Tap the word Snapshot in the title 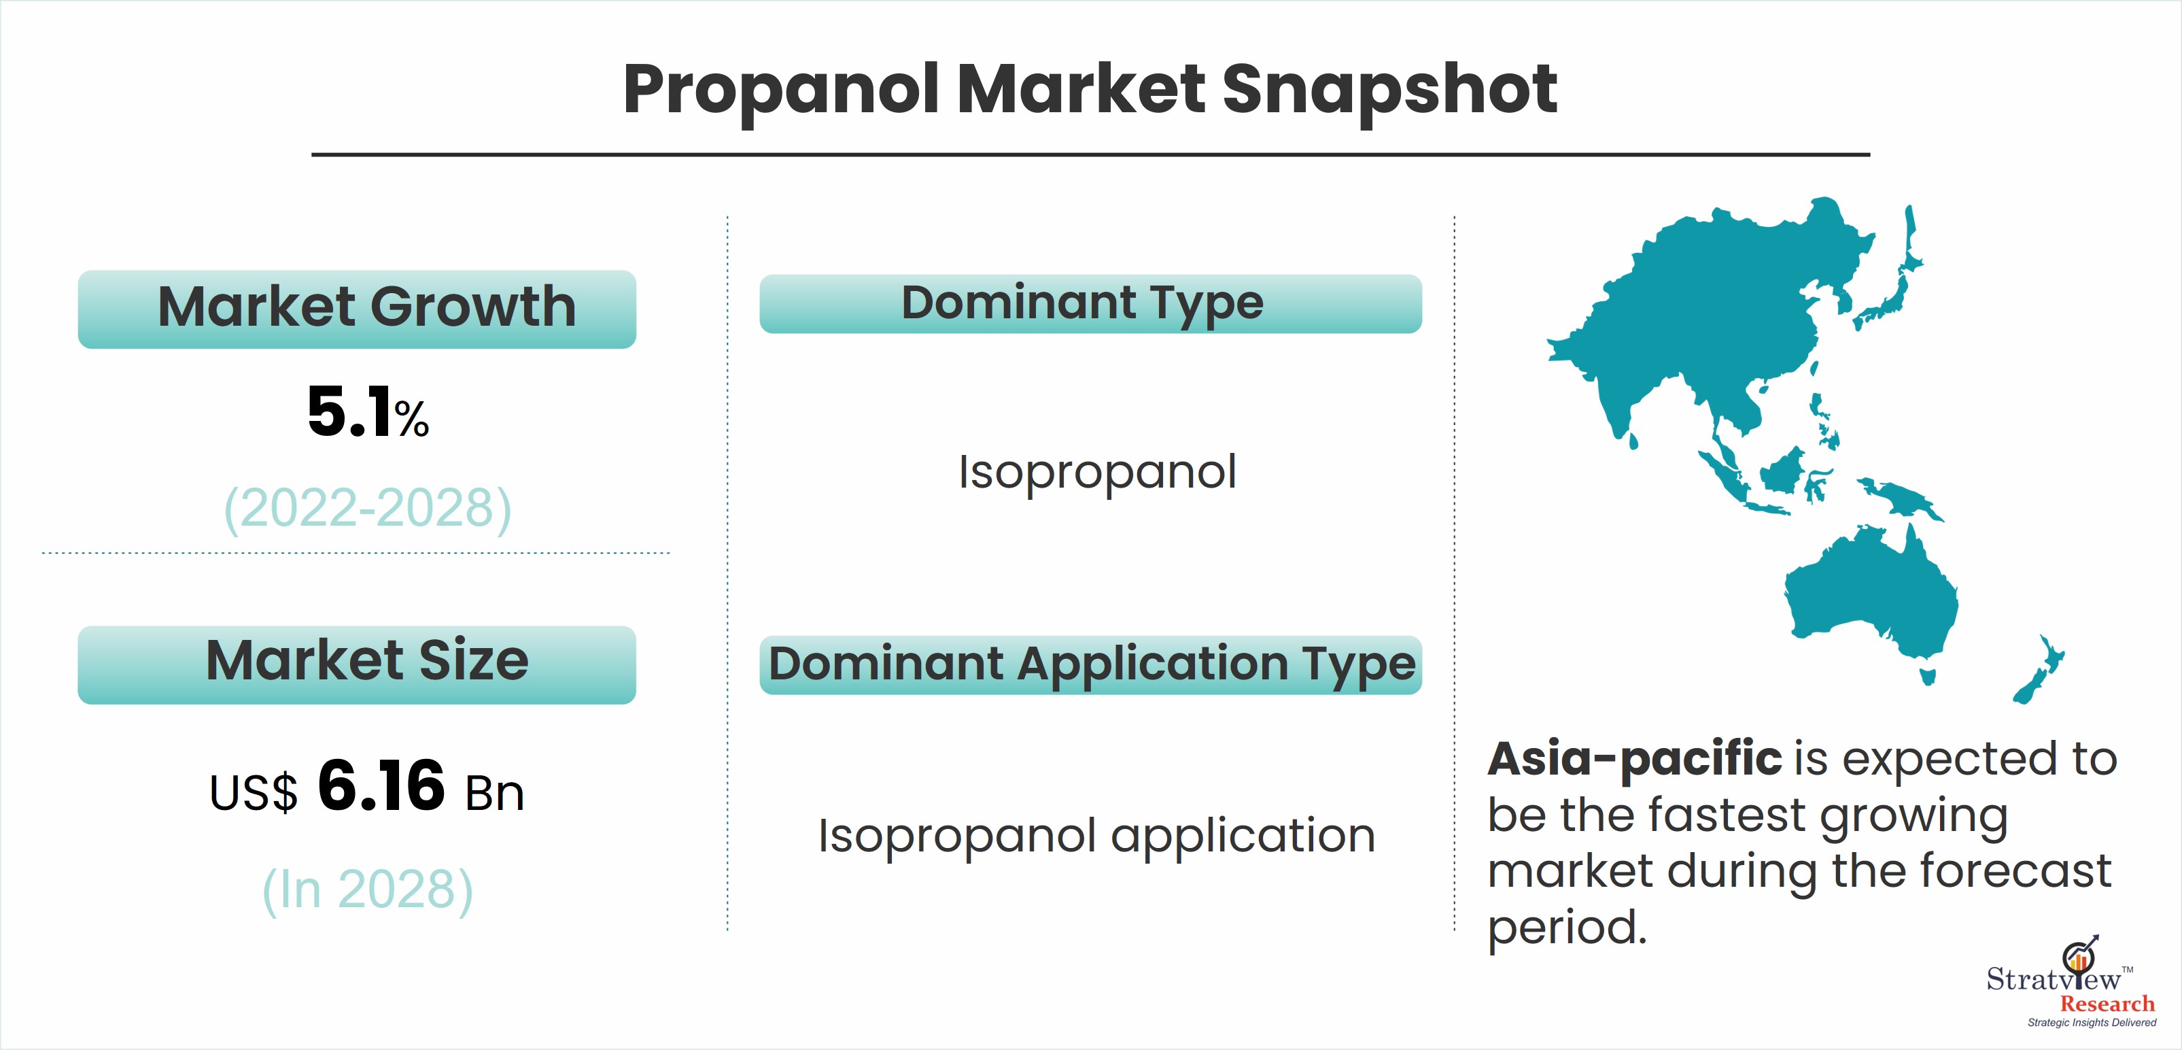tap(1390, 92)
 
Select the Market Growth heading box tap(357, 309)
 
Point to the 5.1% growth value tap(368, 413)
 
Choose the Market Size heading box tap(357, 664)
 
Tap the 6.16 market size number tap(381, 785)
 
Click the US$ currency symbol tap(254, 793)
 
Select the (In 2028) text tap(368, 890)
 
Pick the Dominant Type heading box tap(1091, 303)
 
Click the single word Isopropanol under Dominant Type tap(1098, 472)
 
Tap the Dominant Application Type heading tap(1091, 664)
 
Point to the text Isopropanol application tap(1097, 837)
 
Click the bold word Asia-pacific tap(1635, 758)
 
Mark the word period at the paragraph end tap(1567, 929)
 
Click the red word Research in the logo tap(2107, 1004)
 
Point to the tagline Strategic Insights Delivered tap(2092, 1023)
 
